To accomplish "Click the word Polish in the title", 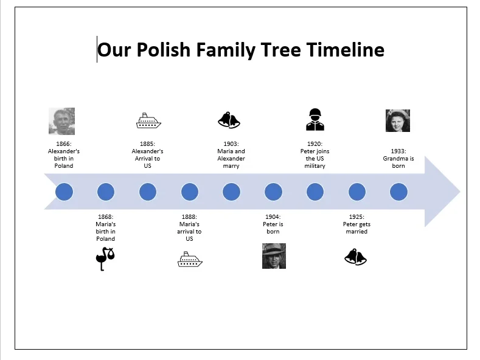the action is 164,50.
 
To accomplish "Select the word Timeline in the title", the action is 346,50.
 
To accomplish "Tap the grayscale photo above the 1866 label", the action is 62,121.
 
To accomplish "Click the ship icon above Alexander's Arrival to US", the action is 148,120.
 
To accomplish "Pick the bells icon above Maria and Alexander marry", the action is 229,120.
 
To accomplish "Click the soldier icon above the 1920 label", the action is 315,119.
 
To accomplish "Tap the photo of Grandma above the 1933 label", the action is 398,121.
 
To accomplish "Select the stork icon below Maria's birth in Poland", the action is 105,259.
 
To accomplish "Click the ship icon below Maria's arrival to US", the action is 190,259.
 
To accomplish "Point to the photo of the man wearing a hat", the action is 274,256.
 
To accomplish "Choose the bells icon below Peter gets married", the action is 355,257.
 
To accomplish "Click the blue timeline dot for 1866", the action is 64,192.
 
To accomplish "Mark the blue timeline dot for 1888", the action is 190,192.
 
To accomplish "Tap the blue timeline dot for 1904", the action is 273,192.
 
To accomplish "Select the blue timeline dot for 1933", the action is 398,192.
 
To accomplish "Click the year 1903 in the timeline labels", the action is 231,144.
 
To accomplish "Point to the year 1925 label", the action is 357,216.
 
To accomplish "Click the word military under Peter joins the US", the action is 315,166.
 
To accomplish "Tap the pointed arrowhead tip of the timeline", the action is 459,192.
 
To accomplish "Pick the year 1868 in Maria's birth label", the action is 105,216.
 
